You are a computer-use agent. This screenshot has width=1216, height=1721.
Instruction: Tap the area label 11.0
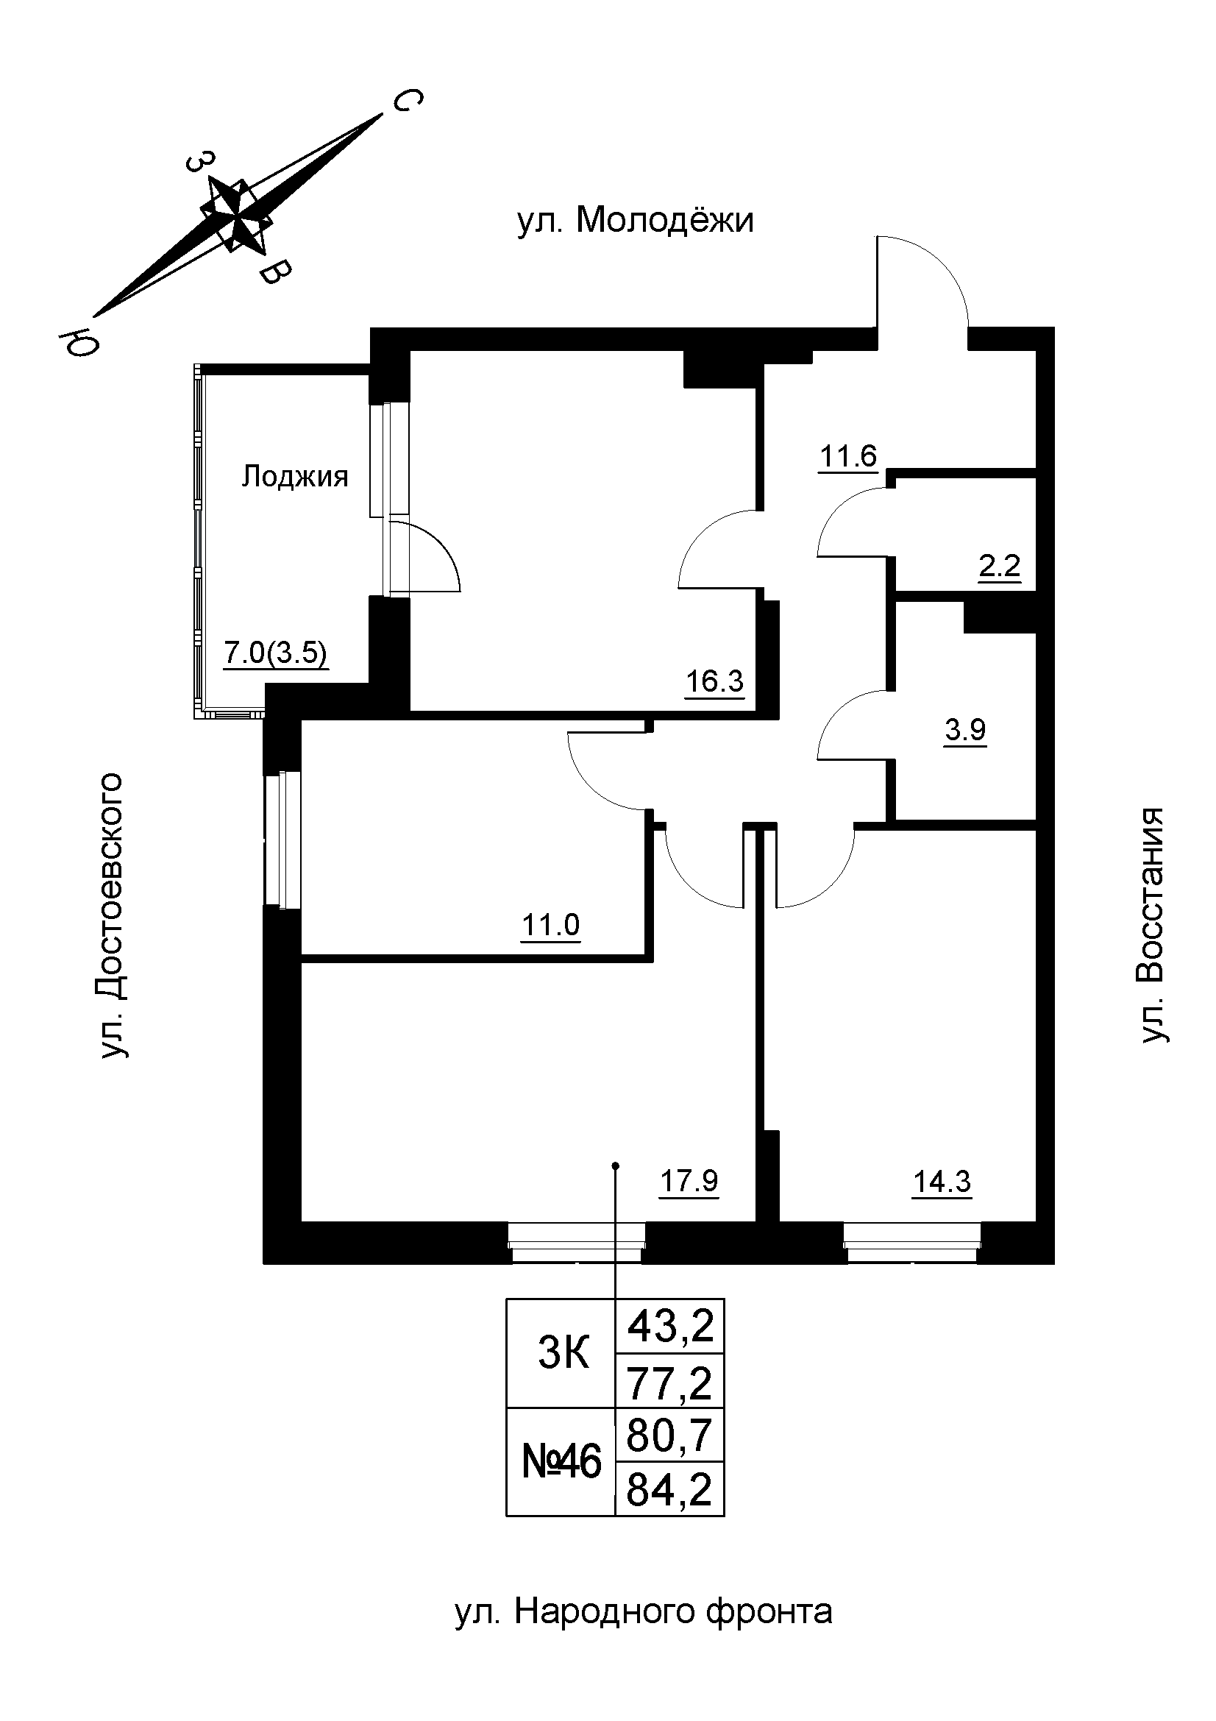tap(551, 926)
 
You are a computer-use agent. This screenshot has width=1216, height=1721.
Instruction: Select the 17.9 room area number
tap(689, 1182)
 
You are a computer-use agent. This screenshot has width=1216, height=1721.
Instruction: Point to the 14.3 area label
tap(942, 1182)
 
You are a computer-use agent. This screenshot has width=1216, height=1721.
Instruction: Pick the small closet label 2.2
tap(1000, 566)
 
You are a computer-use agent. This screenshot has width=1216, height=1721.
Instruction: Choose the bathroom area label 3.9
tap(965, 729)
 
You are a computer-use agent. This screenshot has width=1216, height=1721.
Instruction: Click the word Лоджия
tap(294, 477)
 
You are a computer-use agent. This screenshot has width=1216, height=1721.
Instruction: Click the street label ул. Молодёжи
tap(636, 221)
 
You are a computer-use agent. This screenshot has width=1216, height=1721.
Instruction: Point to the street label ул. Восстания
tap(1152, 925)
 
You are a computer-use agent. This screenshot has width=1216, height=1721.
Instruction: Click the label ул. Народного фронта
tap(644, 1611)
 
